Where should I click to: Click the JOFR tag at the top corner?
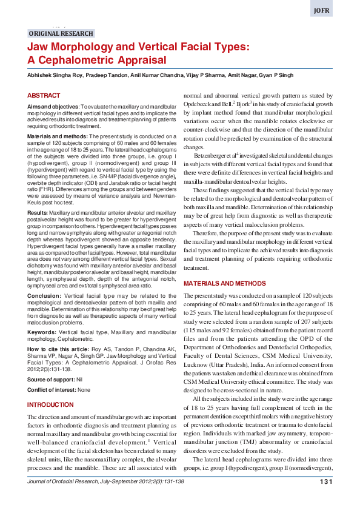(x=338, y=11)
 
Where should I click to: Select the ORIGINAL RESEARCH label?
(x=61, y=34)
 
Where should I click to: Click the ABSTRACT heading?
(x=44, y=96)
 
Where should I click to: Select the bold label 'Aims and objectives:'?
(x=53, y=106)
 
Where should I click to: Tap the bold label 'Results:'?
(x=38, y=214)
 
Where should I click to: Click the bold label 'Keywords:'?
(x=42, y=333)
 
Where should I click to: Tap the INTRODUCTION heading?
(x=51, y=404)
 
